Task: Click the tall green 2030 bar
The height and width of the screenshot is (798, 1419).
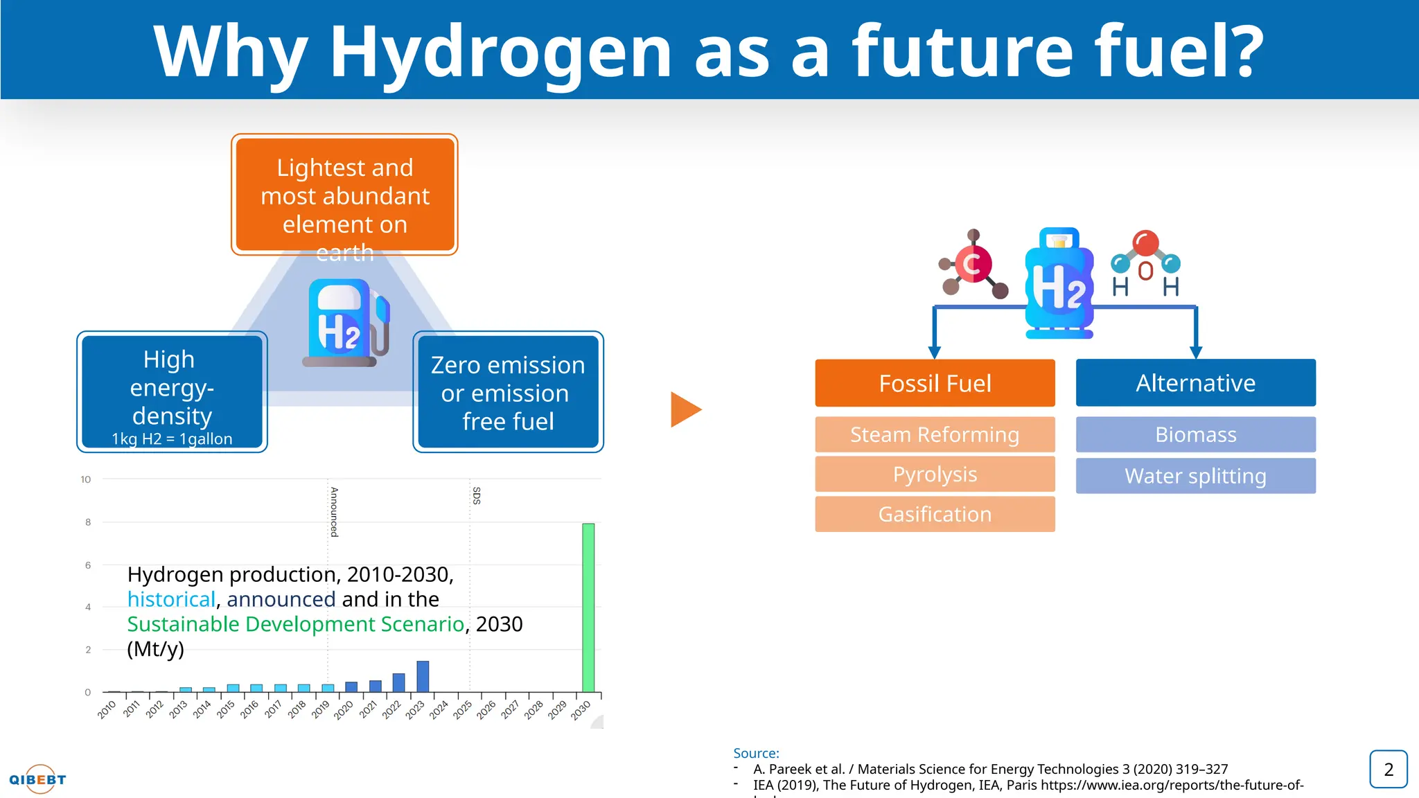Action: point(588,608)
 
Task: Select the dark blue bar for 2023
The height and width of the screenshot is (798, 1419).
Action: point(423,677)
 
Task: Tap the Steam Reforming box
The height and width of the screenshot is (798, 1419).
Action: point(935,435)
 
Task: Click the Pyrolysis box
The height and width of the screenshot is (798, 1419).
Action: point(935,475)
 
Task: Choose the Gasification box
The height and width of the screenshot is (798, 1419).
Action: point(935,515)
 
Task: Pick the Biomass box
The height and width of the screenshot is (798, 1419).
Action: point(1195,435)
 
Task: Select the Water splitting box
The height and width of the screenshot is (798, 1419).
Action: point(1195,476)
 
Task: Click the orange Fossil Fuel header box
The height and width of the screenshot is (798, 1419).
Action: point(935,383)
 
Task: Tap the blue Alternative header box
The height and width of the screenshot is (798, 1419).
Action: point(1195,383)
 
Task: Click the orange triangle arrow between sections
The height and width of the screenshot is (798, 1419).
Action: point(685,409)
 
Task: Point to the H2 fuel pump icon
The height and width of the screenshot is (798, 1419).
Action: point(345,323)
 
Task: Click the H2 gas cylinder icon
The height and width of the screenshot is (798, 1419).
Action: point(1059,283)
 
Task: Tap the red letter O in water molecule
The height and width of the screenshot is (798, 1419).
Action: point(1145,271)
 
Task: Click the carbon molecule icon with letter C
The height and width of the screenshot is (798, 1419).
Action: point(973,264)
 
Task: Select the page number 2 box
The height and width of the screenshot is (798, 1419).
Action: point(1388,770)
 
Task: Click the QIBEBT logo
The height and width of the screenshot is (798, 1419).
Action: point(38,779)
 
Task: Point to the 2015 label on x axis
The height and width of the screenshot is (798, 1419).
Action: point(225,709)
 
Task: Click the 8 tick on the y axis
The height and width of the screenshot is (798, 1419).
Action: point(88,522)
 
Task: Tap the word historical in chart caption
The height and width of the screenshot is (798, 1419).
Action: point(171,599)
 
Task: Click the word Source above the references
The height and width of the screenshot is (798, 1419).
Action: point(755,753)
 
